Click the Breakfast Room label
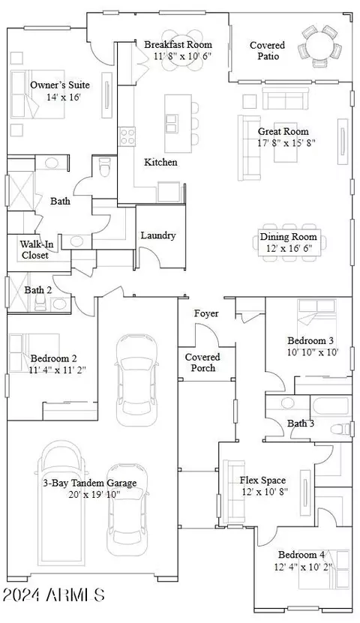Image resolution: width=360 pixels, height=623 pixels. (x=178, y=44)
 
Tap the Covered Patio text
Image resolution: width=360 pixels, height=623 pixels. (x=268, y=50)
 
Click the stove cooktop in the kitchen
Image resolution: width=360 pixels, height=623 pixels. (x=127, y=136)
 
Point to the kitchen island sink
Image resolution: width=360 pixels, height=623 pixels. (x=172, y=123)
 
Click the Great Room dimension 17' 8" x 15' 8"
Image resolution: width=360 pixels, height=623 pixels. (x=286, y=143)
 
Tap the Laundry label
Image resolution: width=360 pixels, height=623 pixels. (x=158, y=235)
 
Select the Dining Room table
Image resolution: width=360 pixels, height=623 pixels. (x=289, y=242)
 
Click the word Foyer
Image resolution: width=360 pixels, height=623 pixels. (x=206, y=313)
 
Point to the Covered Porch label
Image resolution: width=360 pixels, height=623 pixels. (x=202, y=362)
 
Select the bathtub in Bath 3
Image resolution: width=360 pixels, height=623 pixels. (x=331, y=406)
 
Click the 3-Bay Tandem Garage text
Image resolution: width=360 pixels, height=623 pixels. (x=90, y=483)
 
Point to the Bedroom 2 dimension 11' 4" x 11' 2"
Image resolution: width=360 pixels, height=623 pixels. (x=57, y=370)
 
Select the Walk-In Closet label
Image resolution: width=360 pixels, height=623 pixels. (x=34, y=250)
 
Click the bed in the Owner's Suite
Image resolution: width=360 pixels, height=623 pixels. (x=37, y=94)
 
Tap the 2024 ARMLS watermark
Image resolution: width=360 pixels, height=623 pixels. (x=54, y=595)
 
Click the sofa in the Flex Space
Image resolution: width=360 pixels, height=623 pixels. (x=234, y=492)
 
